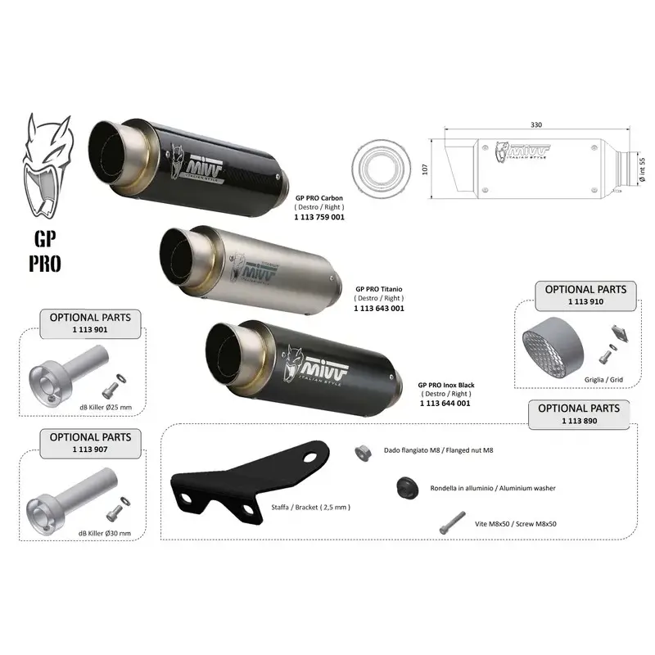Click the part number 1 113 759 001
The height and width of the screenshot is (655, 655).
coord(319,217)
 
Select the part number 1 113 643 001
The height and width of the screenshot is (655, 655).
coord(379,309)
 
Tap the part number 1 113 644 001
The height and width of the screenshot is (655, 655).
coord(445,403)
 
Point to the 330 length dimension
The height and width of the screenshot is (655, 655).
coord(536,124)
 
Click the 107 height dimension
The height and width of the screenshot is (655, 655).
coord(425,169)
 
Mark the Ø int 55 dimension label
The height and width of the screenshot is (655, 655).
coord(642,169)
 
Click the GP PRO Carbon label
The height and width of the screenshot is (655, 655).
coord(319,198)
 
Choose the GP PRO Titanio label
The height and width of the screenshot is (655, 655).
coord(379,289)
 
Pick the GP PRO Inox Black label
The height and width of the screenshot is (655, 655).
coord(446,385)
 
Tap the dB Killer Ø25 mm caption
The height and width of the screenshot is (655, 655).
coord(106,407)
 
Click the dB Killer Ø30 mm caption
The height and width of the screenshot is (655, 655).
coord(105,534)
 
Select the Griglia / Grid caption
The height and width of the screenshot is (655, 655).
coord(603,380)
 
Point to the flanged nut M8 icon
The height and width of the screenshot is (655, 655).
coord(363,453)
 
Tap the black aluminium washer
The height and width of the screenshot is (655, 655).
coord(407,487)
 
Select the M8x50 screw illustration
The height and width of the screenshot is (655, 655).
coord(453,522)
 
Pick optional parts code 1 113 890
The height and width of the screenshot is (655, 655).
coord(579,421)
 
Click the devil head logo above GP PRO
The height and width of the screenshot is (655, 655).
coord(48,166)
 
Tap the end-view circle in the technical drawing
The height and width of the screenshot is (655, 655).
coord(381,166)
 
